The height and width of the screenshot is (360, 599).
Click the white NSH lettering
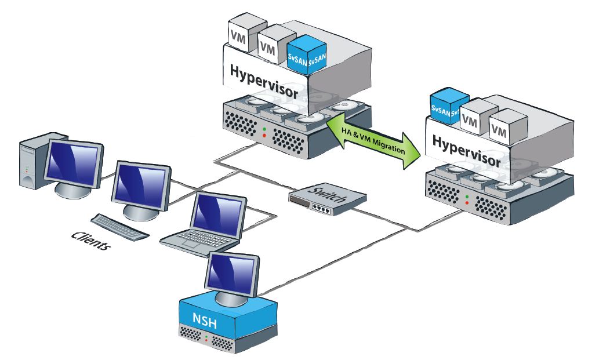coord(205,320)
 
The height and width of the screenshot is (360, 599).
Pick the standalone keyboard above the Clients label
coord(119,227)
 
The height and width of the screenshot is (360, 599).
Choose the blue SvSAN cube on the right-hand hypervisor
coord(445,108)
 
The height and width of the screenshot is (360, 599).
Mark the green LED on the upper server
coord(264,129)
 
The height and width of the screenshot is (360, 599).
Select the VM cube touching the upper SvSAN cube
coord(270,48)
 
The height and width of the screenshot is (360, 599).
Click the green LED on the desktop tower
coord(26,168)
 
